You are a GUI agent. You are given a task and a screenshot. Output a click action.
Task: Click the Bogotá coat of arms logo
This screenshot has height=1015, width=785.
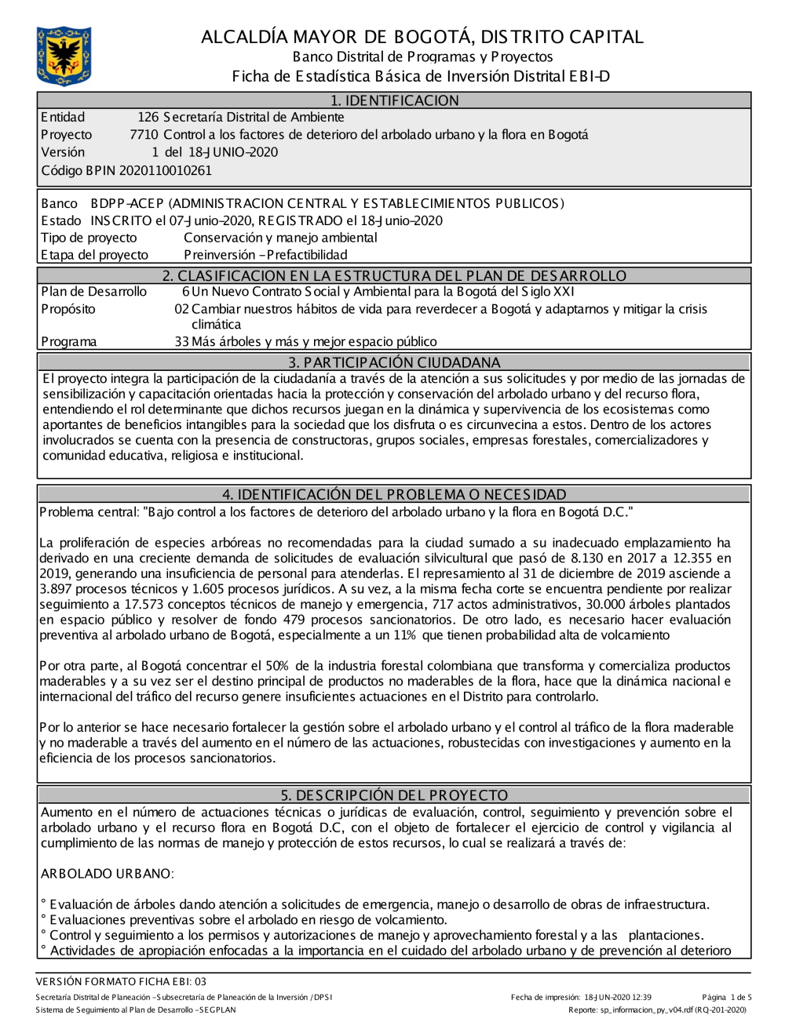pos(64,56)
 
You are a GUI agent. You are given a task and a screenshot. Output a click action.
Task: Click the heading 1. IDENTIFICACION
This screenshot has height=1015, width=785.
pos(394,100)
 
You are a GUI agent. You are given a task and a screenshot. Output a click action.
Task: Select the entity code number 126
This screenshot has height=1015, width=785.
pos(148,118)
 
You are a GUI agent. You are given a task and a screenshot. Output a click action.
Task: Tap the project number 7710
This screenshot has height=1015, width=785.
pos(144,135)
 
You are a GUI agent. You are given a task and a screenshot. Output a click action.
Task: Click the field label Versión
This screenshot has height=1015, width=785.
pos(63,152)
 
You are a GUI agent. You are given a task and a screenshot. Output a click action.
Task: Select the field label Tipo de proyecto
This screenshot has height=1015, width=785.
pos(89,238)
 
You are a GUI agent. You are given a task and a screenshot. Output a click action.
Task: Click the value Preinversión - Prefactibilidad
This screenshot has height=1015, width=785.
pos(265,255)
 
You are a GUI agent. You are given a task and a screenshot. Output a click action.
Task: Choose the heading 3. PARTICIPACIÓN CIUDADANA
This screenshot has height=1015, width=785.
pos(394,362)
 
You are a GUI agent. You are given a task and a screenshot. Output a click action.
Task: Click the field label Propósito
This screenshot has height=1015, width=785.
pos(68,309)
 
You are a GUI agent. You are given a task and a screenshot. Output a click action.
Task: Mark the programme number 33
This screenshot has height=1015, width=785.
pos(181,342)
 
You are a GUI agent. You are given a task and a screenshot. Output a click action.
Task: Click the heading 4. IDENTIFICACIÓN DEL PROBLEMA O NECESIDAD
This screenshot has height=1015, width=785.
pos(394,495)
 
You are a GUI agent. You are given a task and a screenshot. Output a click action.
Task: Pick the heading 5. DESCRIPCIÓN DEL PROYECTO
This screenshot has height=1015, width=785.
pos(394,795)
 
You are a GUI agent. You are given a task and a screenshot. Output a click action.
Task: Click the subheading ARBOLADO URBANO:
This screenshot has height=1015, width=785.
pos(107,874)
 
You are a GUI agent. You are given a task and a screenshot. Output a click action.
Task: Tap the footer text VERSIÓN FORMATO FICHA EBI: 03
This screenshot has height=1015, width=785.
pos(121,981)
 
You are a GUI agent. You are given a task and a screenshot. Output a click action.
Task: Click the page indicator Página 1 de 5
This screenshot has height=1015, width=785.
pos(727,998)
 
